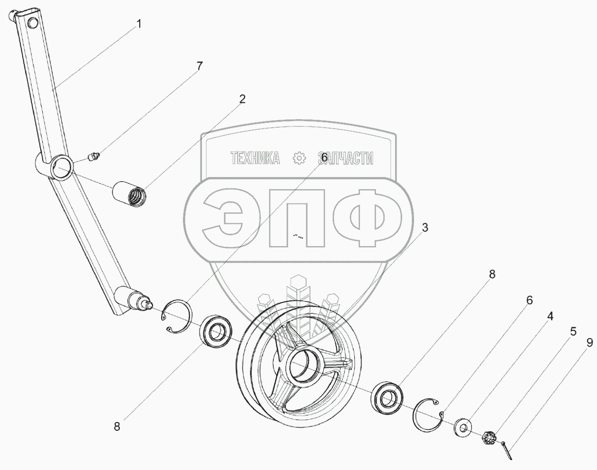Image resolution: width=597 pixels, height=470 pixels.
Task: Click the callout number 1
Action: pos(139,24)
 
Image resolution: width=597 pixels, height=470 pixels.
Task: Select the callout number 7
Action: pos(199,66)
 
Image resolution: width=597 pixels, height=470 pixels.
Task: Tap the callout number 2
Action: pos(242,99)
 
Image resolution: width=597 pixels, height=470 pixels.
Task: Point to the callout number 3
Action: pos(425,228)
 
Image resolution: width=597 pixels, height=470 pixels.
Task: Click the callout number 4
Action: pos(550,316)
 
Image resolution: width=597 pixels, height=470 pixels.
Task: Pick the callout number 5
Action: pos(573,331)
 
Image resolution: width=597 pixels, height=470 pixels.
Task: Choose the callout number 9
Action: pos(589,343)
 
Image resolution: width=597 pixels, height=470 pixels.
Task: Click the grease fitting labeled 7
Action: pos(92,156)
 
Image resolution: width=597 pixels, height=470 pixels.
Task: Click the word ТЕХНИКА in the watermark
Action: pos(255,158)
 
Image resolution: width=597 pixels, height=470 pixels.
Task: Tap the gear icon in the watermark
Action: pos(298,158)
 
